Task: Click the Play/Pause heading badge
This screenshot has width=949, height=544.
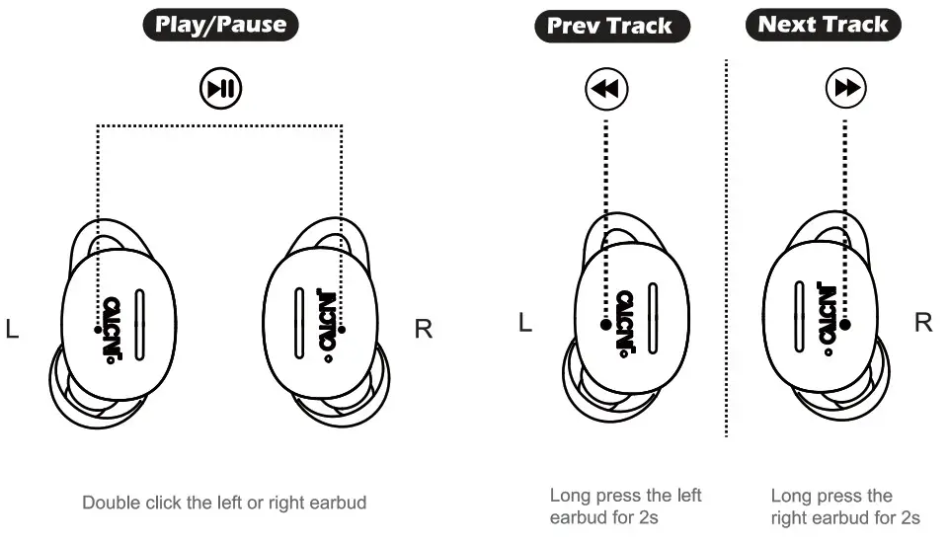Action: (x=221, y=25)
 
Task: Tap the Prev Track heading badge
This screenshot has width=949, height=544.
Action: (x=611, y=25)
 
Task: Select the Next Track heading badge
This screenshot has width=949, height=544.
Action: (x=823, y=25)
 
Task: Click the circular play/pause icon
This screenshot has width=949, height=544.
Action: (x=221, y=90)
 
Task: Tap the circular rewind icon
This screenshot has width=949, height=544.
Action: (x=605, y=90)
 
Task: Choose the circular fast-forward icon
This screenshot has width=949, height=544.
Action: (x=846, y=90)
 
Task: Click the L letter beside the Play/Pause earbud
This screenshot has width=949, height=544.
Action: (x=13, y=330)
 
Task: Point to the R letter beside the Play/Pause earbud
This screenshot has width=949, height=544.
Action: (x=423, y=330)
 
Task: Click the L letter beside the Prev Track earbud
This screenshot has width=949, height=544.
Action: (x=525, y=323)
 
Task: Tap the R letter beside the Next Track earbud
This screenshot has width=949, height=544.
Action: (x=923, y=323)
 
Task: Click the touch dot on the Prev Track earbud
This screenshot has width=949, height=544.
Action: (x=605, y=324)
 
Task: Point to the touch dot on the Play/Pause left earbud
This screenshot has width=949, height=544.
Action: (x=97, y=328)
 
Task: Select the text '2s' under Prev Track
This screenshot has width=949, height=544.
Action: (x=647, y=517)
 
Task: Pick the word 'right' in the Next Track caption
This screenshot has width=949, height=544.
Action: (x=789, y=517)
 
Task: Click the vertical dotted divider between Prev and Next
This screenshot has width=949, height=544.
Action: (x=727, y=247)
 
